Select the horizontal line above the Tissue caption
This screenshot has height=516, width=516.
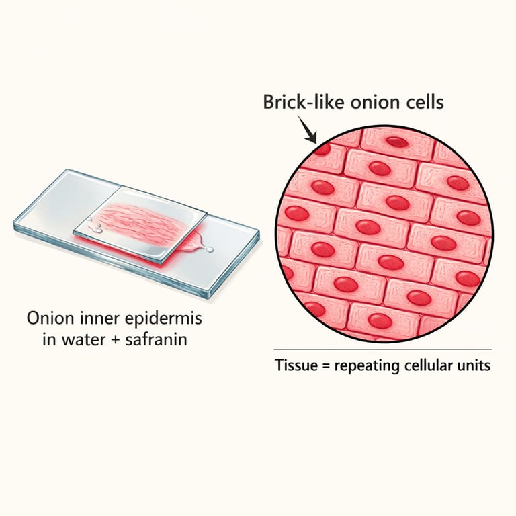(x=382, y=349)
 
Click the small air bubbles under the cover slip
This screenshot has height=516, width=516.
(x=98, y=230)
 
